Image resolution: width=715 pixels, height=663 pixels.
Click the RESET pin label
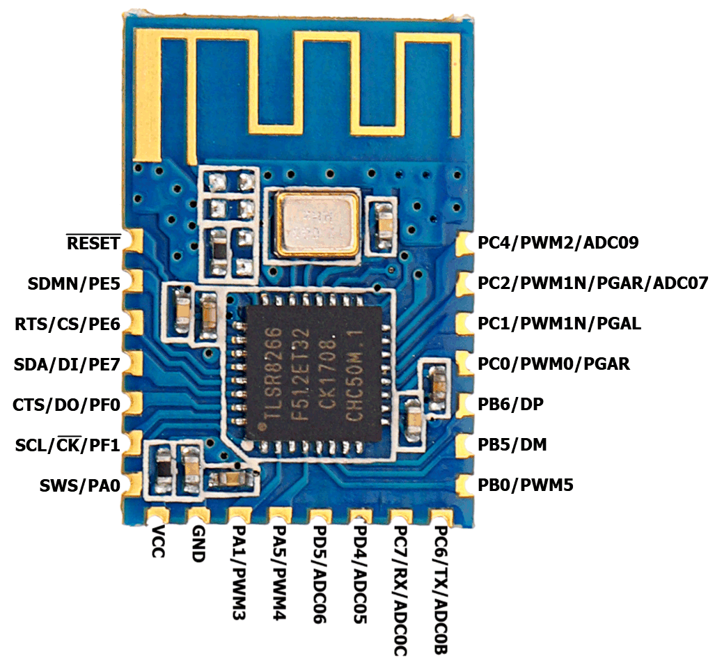click(x=93, y=243)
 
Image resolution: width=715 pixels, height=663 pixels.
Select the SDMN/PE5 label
click(x=74, y=283)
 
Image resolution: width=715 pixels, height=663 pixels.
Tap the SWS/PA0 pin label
click(x=79, y=485)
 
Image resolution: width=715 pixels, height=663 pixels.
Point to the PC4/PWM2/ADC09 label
click(x=558, y=243)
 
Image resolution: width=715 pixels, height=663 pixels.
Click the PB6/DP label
click(x=511, y=404)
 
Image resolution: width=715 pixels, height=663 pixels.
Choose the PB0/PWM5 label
click(x=526, y=485)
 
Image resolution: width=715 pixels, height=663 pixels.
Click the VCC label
click(x=157, y=546)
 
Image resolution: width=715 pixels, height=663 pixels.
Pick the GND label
click(x=198, y=547)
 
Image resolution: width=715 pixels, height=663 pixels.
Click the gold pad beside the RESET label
click(x=132, y=241)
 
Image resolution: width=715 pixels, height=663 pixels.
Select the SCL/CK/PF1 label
click(x=68, y=445)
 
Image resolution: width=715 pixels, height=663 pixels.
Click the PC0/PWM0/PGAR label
click(x=553, y=364)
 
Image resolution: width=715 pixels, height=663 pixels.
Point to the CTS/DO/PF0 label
click(x=67, y=405)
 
